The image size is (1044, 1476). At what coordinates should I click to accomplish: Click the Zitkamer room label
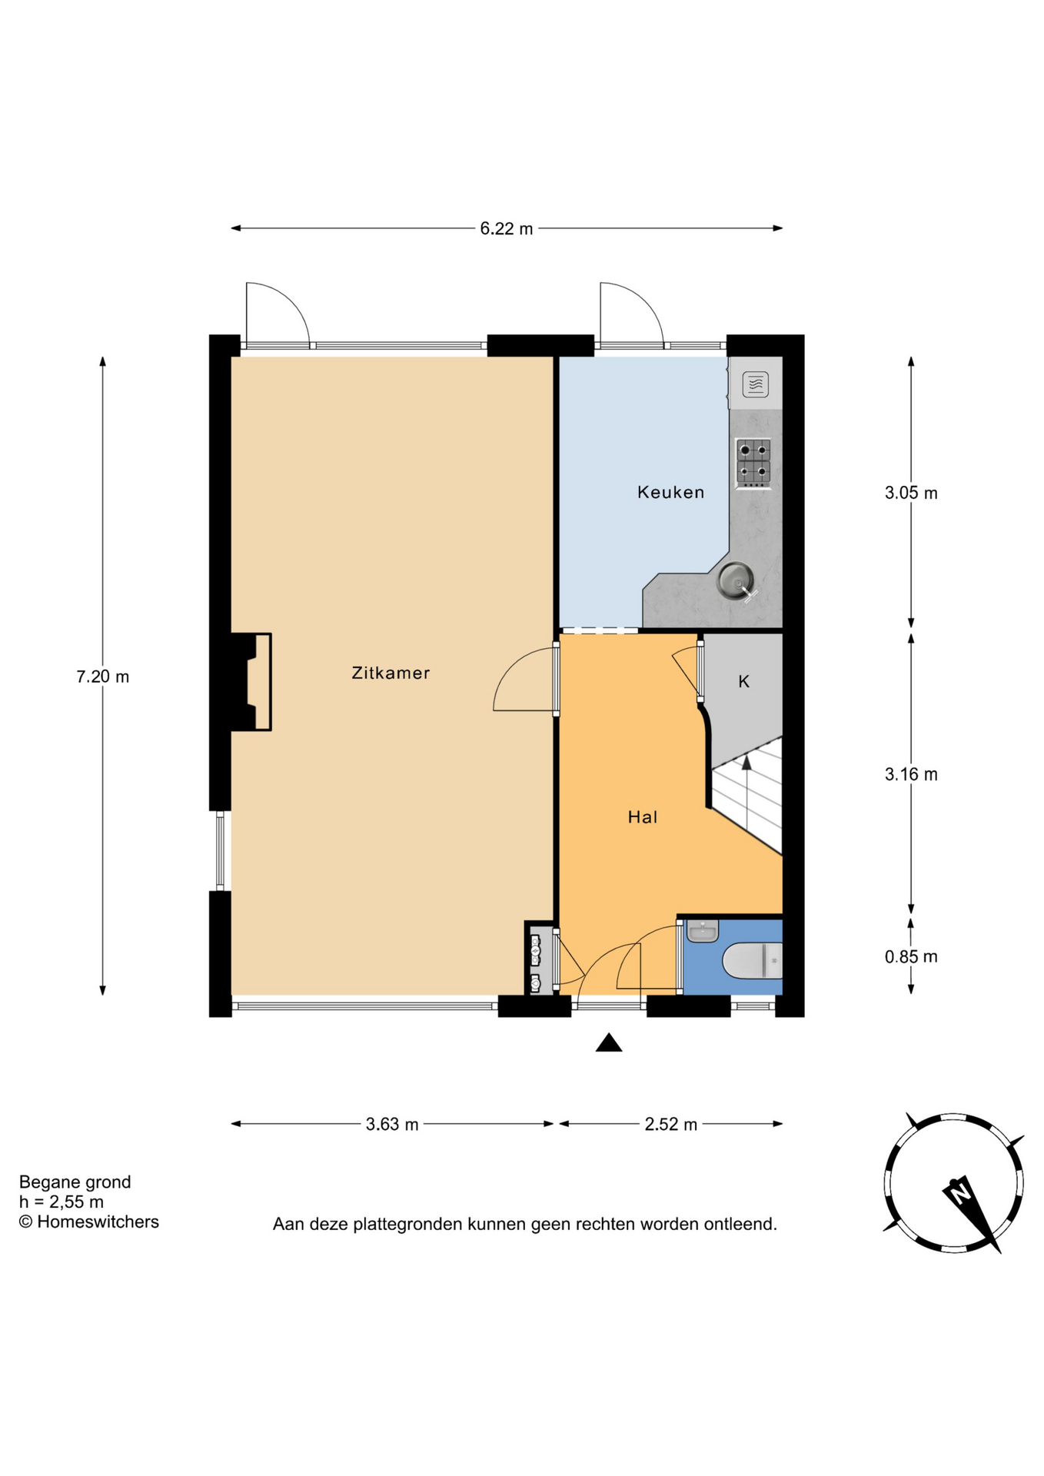(391, 673)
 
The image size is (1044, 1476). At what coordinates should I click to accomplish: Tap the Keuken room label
(670, 492)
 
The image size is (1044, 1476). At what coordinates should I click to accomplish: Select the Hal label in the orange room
(643, 817)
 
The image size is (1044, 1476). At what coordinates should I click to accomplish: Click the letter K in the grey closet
(743, 681)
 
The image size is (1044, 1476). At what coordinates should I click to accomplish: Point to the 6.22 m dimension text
(507, 228)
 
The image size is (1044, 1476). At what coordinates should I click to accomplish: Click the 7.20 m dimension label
(103, 676)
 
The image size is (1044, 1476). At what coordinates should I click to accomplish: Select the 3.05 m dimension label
(911, 493)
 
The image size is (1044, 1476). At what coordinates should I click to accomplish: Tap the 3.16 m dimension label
(911, 774)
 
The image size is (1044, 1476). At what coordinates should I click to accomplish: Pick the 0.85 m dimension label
(911, 956)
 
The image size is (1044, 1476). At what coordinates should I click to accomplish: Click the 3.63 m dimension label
(392, 1124)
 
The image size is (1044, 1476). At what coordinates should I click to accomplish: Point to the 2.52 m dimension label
(671, 1124)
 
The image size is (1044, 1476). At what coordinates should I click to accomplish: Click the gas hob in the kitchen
(753, 463)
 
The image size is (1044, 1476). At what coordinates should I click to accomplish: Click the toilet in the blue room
(753, 961)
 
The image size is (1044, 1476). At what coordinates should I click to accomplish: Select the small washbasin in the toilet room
(702, 931)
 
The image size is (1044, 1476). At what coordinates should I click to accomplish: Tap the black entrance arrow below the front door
(609, 1042)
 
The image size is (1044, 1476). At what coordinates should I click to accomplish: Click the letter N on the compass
(959, 1195)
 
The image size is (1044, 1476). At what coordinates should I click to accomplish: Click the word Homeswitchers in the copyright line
(98, 1222)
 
